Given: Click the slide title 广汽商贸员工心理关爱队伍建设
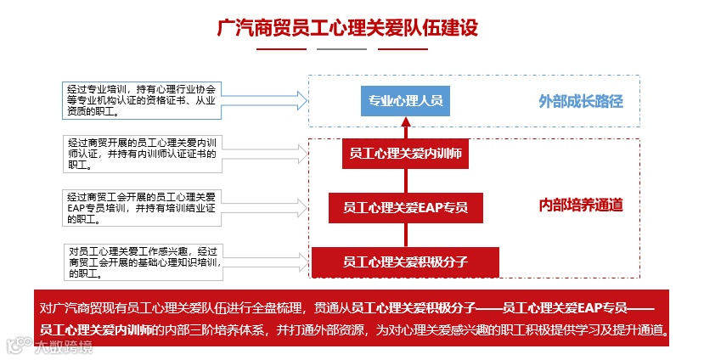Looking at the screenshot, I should (348, 27).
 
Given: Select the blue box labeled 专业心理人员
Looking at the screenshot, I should (405, 101).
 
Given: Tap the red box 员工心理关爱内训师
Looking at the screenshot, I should (406, 154).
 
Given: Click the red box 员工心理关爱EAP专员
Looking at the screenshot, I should (405, 206).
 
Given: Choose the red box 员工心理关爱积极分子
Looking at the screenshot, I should (406, 260).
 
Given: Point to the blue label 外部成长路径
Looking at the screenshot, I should (581, 102).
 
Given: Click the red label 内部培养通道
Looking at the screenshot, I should (581, 205).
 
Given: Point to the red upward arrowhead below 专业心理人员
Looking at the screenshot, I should (406, 122).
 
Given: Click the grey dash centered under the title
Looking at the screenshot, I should (342, 49).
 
